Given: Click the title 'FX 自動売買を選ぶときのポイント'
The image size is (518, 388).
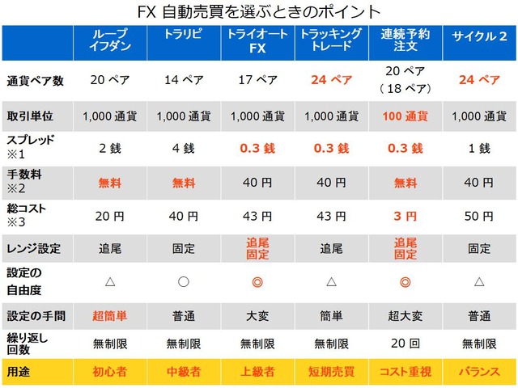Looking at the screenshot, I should (259, 12).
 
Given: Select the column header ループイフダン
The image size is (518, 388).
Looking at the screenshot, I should (110, 41).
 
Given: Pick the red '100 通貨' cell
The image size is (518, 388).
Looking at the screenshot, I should (405, 115).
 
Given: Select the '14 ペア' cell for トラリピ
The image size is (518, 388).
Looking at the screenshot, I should (184, 81).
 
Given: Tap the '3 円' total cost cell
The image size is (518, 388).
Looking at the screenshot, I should (405, 217).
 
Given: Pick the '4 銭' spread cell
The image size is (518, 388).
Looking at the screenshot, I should (184, 149).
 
